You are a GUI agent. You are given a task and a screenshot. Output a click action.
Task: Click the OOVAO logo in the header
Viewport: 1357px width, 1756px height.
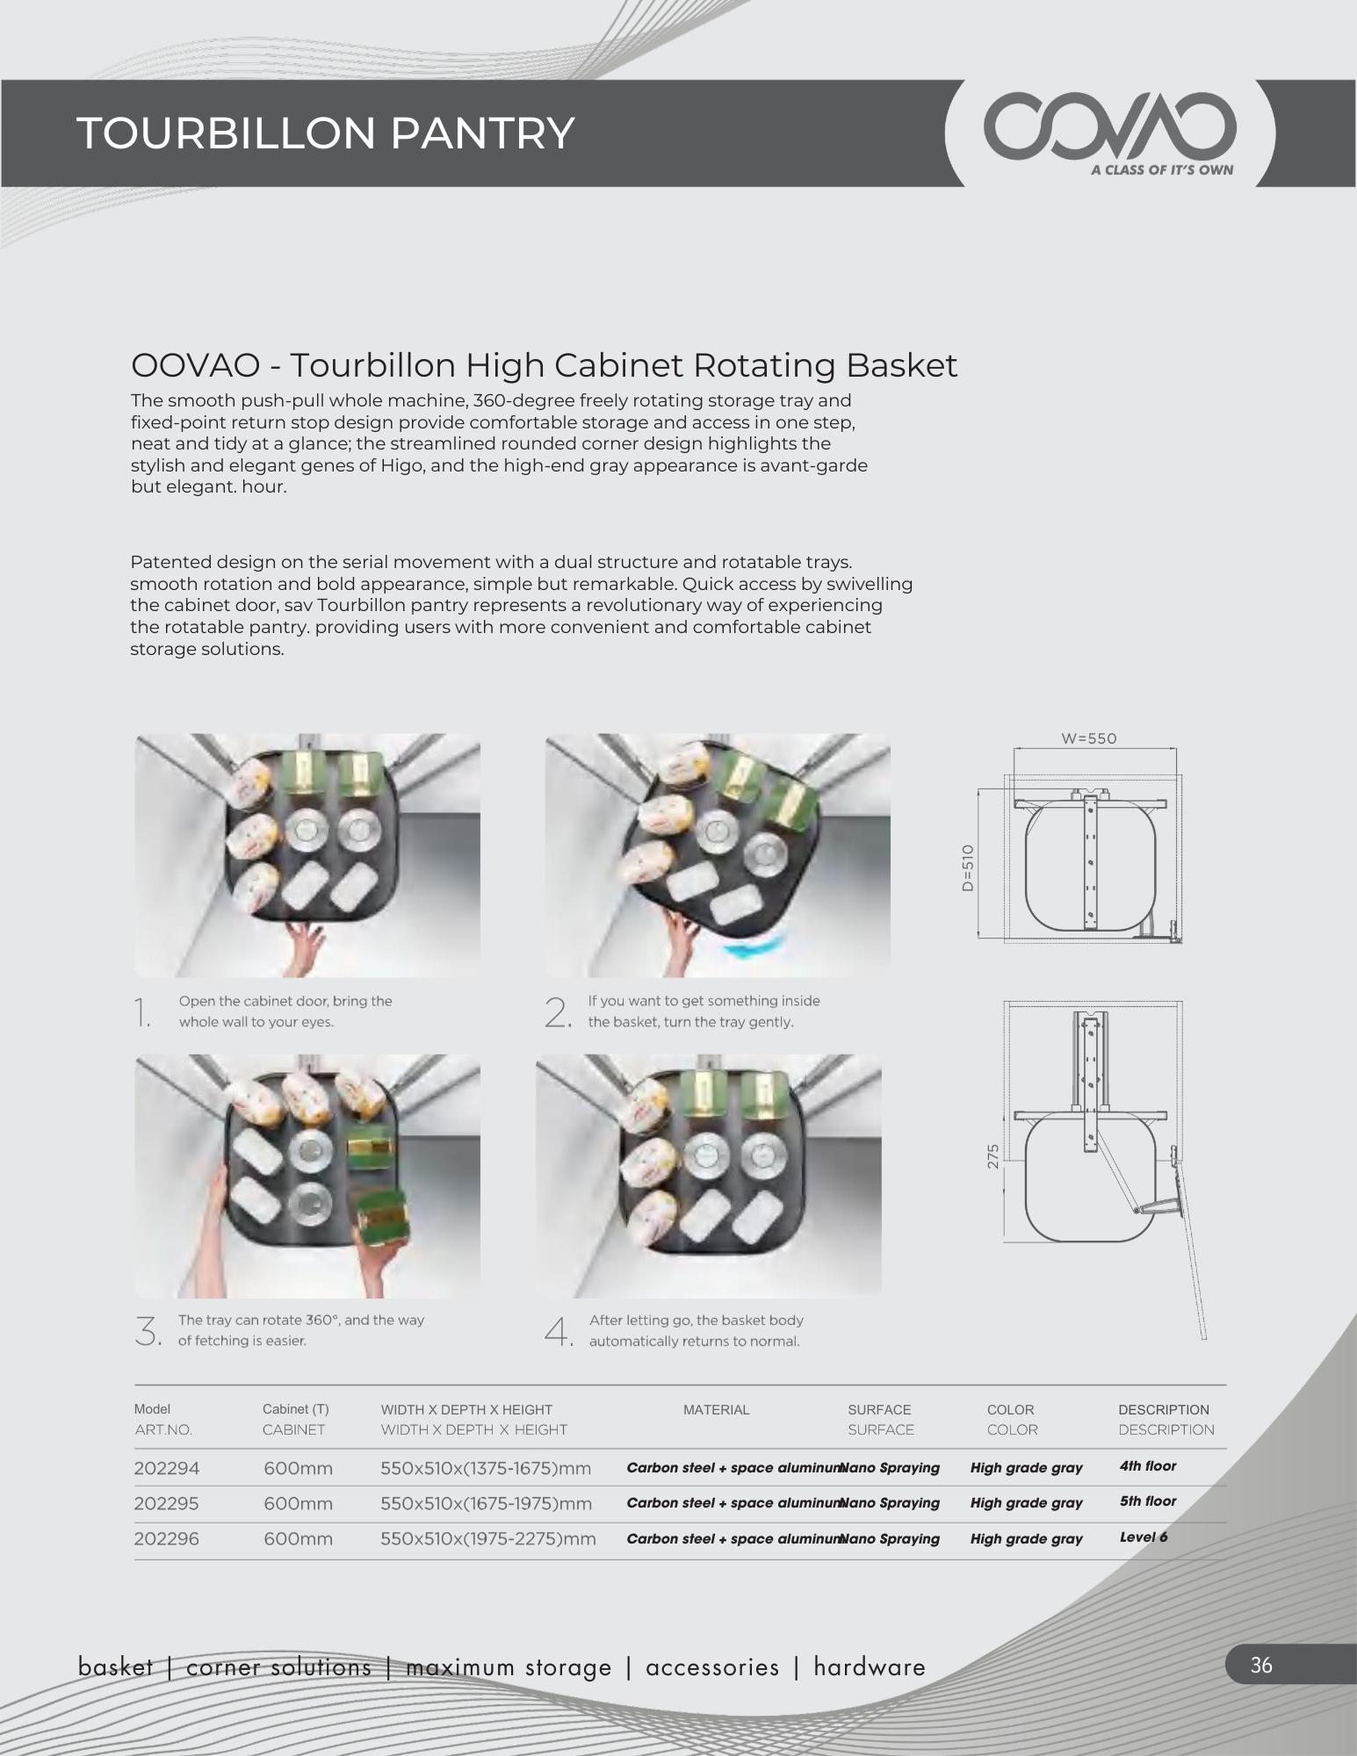click(x=1109, y=128)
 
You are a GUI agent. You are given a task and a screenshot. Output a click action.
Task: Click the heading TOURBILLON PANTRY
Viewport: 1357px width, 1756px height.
click(x=326, y=133)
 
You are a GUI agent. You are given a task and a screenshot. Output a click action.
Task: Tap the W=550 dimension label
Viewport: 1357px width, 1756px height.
click(x=1089, y=738)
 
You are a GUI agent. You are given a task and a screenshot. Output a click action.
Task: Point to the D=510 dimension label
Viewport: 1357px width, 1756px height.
click(x=968, y=867)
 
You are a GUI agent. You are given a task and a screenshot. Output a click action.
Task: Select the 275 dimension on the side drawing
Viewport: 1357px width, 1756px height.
click(x=993, y=1156)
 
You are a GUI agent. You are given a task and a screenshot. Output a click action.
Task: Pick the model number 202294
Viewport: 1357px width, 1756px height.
click(x=167, y=1468)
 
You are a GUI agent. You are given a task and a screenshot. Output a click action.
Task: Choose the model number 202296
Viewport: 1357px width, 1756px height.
click(x=167, y=1538)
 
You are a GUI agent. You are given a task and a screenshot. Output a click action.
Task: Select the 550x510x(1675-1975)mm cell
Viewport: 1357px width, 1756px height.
click(x=487, y=1503)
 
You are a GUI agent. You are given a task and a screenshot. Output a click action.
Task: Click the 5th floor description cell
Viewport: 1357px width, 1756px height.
click(x=1148, y=1501)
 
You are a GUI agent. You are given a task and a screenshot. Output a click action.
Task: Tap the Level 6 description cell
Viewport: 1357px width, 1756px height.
click(x=1144, y=1537)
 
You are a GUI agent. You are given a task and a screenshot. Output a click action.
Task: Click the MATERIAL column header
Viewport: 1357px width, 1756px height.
click(x=717, y=1410)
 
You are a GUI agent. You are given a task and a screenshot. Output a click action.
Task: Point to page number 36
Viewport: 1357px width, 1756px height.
click(x=1261, y=1666)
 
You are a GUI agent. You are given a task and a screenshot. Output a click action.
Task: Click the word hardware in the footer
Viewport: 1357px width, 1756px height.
click(x=870, y=1667)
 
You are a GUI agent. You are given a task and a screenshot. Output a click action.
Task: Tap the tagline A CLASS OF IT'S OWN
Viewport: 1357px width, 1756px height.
click(x=1162, y=170)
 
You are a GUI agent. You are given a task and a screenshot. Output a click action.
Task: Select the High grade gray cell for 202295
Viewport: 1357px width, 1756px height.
click(x=1027, y=1503)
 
